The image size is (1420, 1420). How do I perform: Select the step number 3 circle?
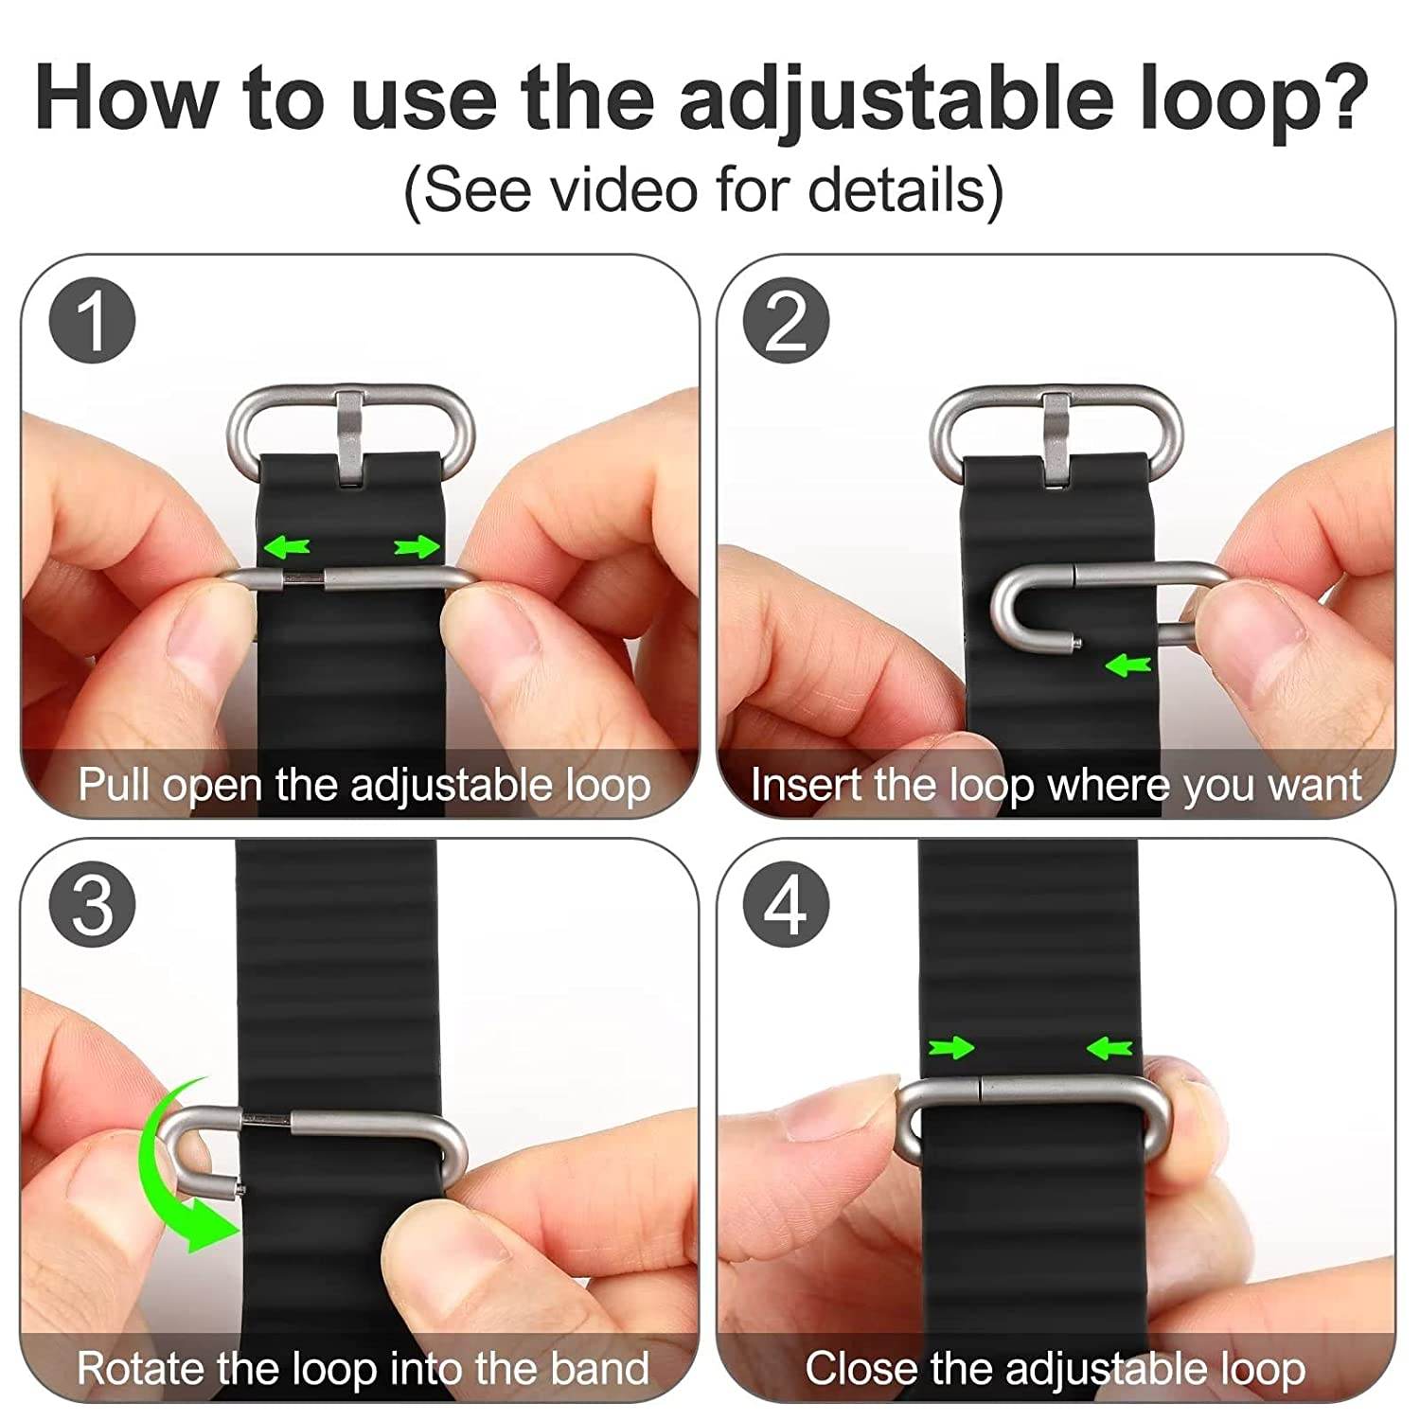(x=92, y=904)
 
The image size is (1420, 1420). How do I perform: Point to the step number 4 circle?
(x=786, y=904)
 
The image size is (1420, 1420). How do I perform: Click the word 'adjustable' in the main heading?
(x=895, y=99)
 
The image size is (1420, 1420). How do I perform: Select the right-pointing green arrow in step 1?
(x=417, y=546)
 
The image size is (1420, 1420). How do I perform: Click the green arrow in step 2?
(x=1127, y=666)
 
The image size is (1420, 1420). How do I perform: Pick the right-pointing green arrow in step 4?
(x=951, y=1047)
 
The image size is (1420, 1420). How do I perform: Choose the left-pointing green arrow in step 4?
(x=1109, y=1048)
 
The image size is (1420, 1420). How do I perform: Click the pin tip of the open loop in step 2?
(x=1078, y=646)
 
